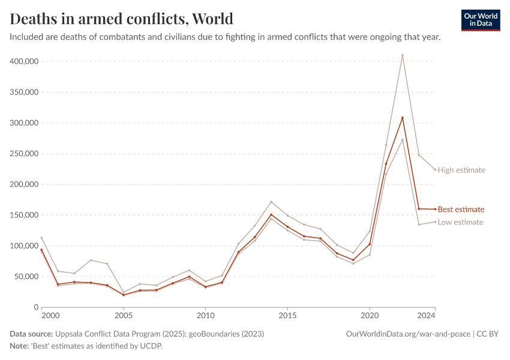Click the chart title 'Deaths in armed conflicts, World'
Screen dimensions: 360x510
click(122, 19)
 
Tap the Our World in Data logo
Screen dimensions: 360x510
click(480, 20)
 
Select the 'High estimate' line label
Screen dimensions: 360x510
click(461, 170)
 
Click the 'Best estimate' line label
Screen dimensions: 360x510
click(461, 209)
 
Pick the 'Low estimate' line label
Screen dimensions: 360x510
click(460, 222)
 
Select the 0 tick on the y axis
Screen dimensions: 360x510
click(36, 307)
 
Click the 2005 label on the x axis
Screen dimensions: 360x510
click(124, 315)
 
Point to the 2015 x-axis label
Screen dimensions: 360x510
click(287, 315)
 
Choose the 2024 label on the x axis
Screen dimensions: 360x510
click(426, 315)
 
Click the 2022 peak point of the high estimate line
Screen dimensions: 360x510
click(402, 55)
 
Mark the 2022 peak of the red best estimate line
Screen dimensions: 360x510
click(402, 118)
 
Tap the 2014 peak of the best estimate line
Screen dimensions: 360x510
click(271, 215)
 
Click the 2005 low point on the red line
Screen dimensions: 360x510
click(124, 295)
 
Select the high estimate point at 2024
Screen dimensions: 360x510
click(435, 170)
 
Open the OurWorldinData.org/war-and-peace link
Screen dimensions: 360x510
click(409, 334)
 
